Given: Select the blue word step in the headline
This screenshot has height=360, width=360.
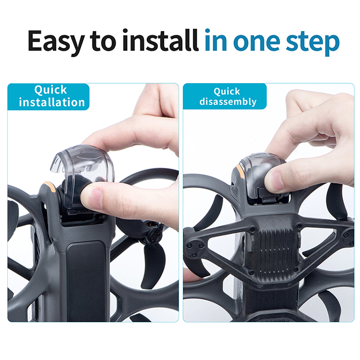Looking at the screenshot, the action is (312, 42).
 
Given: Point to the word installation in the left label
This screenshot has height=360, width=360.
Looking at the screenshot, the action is (52, 102).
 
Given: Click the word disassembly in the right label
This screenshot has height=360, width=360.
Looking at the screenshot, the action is (228, 101).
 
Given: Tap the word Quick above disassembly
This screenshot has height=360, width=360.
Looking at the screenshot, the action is (227, 91).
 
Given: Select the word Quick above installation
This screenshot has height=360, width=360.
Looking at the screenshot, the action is (50, 90).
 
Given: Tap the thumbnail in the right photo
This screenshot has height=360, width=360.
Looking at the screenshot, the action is (274, 181).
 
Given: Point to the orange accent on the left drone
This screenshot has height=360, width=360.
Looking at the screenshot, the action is (50, 186).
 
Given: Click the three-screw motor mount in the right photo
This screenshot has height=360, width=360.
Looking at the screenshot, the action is (195, 249).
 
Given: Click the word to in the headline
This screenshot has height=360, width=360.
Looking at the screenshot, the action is (103, 42).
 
